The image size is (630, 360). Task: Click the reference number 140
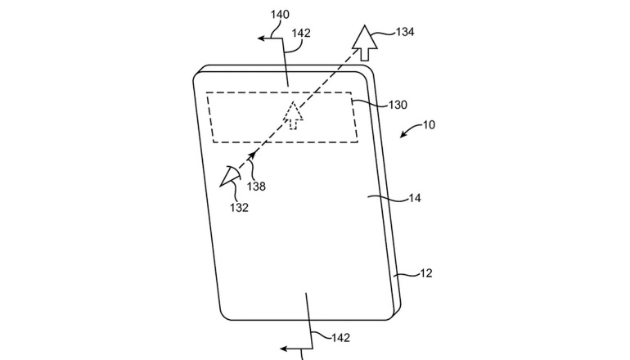[280, 15]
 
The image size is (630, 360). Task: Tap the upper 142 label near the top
[301, 33]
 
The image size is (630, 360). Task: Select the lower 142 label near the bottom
[340, 338]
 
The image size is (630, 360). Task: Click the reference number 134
[405, 32]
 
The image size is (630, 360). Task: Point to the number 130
[398, 105]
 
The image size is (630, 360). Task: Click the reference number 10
[429, 125]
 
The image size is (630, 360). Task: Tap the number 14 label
[415, 198]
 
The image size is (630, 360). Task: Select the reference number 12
[426, 273]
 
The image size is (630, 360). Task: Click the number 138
[256, 187]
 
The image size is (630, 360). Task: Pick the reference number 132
[239, 208]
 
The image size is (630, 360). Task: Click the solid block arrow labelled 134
[365, 43]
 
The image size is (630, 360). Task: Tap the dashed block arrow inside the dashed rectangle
[293, 115]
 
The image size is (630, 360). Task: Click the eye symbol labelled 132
[230, 177]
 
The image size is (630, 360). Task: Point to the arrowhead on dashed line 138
[252, 155]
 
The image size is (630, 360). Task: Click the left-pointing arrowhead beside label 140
[261, 38]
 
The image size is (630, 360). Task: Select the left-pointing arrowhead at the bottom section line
[284, 349]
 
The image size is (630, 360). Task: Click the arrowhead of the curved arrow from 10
[403, 135]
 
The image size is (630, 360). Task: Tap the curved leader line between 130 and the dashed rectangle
[370, 103]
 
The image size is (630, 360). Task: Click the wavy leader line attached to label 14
[387, 197]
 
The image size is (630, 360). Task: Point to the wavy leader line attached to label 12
[406, 274]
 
